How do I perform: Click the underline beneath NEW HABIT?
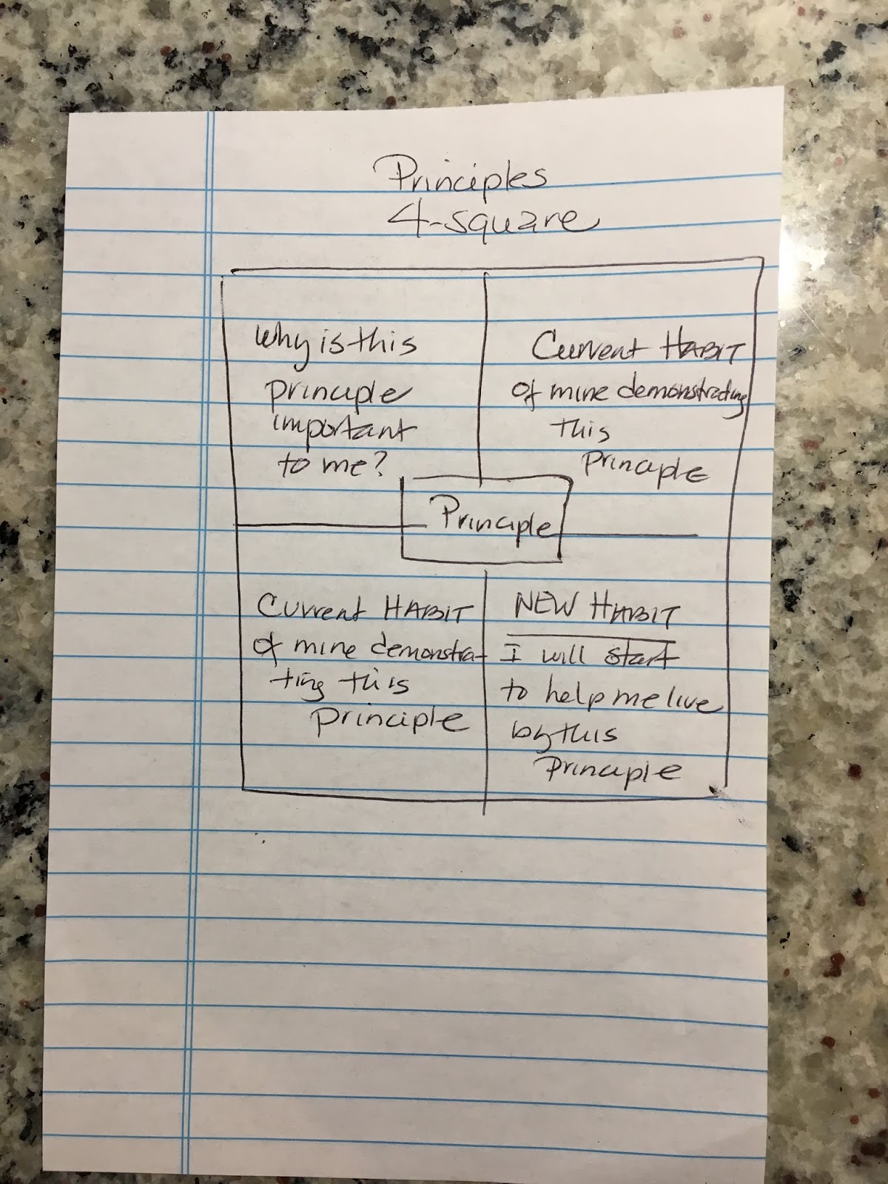(591, 634)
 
